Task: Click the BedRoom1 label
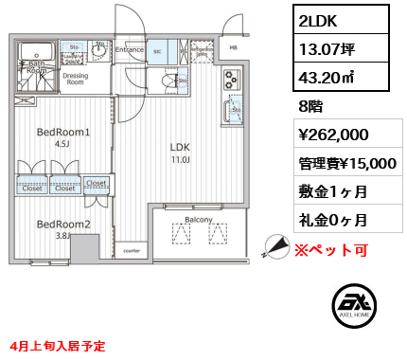coord(63,133)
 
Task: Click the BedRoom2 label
coord(63,225)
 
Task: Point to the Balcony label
coord(199,219)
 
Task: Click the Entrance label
coord(131,49)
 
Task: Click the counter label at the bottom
coord(133,252)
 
